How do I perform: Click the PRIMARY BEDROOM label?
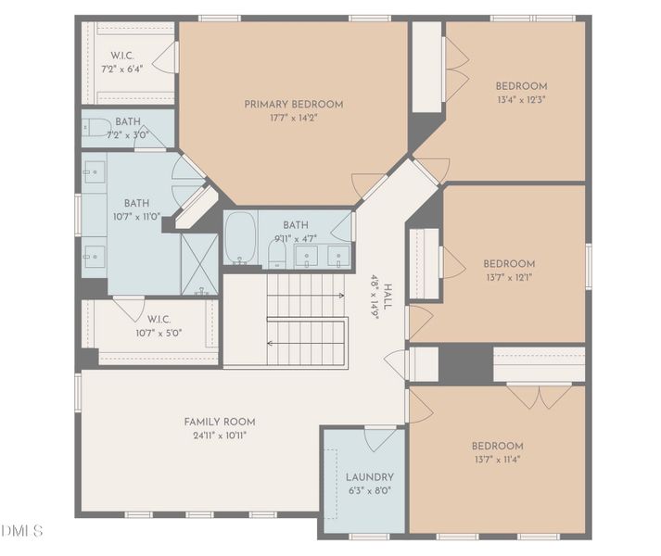(x=294, y=104)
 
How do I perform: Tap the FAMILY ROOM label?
(x=220, y=422)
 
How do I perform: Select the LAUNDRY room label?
(x=370, y=477)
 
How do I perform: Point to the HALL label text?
(x=388, y=297)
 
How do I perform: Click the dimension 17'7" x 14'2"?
(x=293, y=118)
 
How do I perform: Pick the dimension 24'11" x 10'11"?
(x=220, y=436)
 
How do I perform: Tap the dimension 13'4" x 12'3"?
(x=521, y=100)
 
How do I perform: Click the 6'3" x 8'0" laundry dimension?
(x=370, y=490)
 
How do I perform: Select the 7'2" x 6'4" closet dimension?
(x=122, y=69)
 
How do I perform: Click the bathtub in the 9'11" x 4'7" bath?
(x=240, y=238)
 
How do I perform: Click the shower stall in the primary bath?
(x=199, y=264)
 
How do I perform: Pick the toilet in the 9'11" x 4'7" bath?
(x=277, y=254)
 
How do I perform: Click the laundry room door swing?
(x=380, y=438)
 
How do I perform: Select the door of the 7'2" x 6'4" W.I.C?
(x=165, y=57)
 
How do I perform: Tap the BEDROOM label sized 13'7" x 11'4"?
(x=498, y=446)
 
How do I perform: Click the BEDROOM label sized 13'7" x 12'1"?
(x=509, y=264)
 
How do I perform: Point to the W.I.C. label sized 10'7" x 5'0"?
(x=159, y=319)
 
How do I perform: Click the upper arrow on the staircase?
(x=306, y=296)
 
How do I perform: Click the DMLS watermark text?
(x=22, y=531)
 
